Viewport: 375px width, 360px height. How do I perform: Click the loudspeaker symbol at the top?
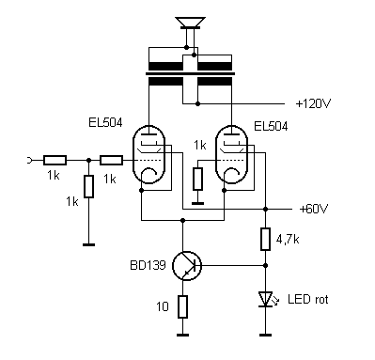tap(190, 23)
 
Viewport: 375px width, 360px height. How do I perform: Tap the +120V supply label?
tap(313, 103)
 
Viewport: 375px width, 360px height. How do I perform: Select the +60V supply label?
tap(314, 209)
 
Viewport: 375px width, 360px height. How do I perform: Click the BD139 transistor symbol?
tap(187, 266)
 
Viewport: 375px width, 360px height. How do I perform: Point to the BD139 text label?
tap(148, 265)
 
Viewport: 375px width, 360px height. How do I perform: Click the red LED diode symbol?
tap(266, 299)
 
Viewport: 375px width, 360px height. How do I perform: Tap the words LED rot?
tap(307, 299)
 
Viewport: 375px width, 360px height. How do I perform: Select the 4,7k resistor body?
tap(265, 240)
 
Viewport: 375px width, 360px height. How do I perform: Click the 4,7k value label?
tap(288, 240)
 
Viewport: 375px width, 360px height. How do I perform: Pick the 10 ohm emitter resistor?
tap(182, 306)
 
